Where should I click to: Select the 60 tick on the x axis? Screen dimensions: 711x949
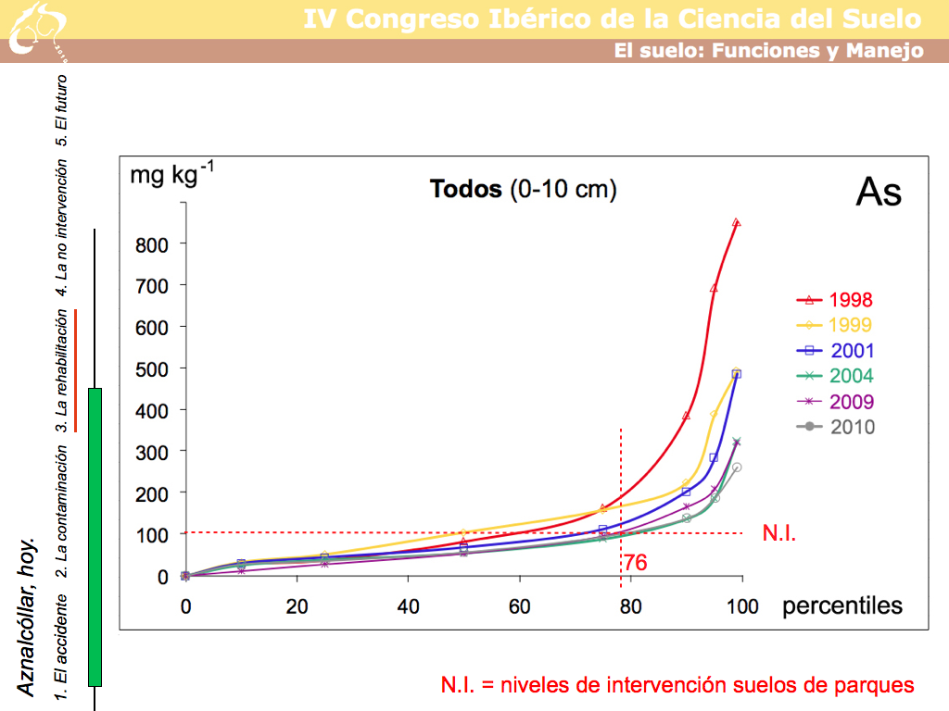tap(519, 607)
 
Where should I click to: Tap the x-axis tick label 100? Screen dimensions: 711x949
tap(741, 607)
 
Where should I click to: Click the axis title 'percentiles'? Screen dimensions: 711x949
tap(842, 606)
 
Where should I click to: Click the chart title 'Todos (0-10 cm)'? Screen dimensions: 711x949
tap(523, 190)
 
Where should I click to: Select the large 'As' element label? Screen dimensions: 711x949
tap(878, 193)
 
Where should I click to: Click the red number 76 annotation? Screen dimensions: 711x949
tap(635, 563)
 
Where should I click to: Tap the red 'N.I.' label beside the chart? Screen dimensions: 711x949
tap(778, 532)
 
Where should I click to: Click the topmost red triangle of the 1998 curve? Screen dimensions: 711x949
tap(736, 223)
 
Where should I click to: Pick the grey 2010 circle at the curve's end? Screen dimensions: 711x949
tap(737, 468)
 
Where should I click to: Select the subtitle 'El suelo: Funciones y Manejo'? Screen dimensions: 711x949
tap(768, 51)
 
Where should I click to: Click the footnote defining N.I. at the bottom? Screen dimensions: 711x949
tap(677, 685)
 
